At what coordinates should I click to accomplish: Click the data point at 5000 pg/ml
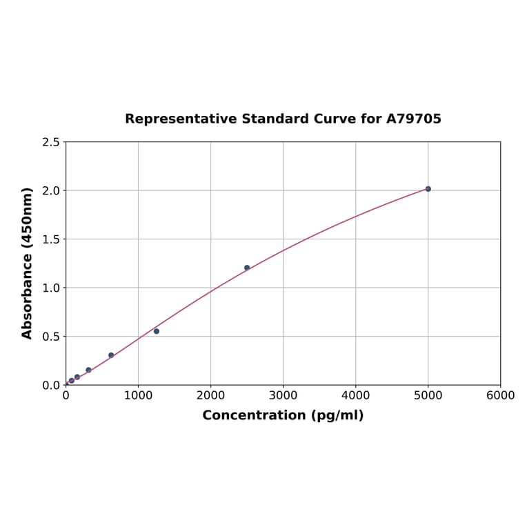coord(428,189)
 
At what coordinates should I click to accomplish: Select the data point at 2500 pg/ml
coord(247,268)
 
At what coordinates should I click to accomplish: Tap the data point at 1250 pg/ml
coord(157,331)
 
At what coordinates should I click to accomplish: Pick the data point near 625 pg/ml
coord(111,355)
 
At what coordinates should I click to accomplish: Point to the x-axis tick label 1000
coord(138,395)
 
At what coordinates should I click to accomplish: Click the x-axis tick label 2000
coord(210,395)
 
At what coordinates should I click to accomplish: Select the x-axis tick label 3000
coord(283,395)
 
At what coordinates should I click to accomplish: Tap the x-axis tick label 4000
coord(355,395)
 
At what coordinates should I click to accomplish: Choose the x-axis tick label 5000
coord(428,395)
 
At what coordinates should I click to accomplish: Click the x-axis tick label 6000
coord(500,395)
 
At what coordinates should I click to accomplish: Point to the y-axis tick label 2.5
coord(50,142)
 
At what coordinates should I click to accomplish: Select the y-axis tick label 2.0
coord(50,190)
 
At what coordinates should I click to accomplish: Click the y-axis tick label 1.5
coord(50,239)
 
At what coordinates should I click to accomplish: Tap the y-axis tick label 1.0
coord(50,288)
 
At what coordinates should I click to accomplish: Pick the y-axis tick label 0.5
coord(50,337)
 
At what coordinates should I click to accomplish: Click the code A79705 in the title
coord(413,119)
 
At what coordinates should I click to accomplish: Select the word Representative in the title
coord(181,119)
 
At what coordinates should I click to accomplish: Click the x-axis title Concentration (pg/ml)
coord(283,415)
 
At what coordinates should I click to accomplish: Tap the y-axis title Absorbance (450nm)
coord(28,263)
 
